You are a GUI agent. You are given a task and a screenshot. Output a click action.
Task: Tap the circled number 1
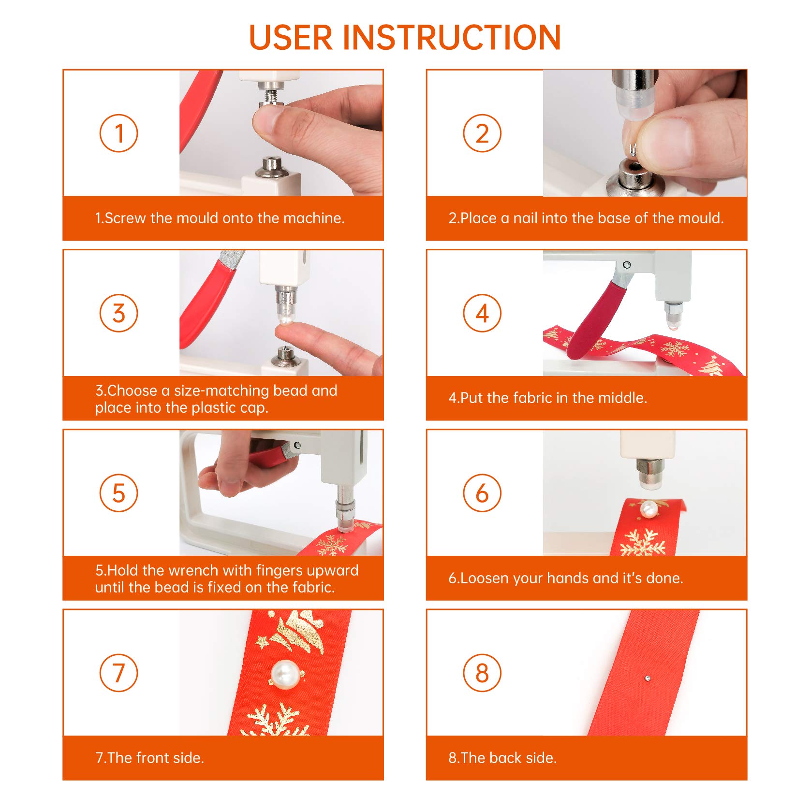coord(118,133)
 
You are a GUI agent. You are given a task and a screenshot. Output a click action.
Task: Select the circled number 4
coord(482,313)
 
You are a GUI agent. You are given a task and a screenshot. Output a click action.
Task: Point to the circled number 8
coord(482,673)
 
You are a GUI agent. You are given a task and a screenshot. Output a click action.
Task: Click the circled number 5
coord(118,493)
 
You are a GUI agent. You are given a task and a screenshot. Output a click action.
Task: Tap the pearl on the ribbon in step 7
coord(285,673)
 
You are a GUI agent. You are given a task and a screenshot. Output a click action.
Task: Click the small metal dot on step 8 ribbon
coord(648,678)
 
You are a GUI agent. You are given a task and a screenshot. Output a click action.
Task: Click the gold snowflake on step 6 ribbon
coord(643,542)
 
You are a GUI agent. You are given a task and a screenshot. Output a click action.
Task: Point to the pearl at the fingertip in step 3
coord(284,321)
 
